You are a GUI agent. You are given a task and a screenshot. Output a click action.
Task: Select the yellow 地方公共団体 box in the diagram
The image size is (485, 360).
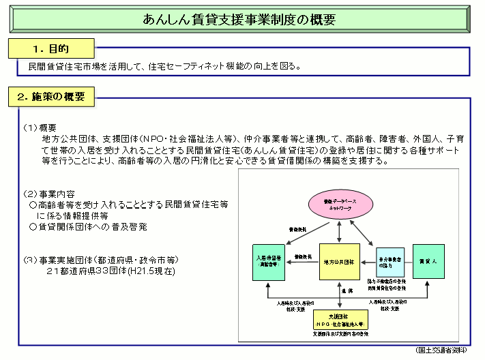(340, 261)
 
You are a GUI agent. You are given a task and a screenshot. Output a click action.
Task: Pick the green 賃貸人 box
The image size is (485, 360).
(428, 260)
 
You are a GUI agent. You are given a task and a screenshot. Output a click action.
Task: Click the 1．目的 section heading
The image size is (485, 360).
(51, 49)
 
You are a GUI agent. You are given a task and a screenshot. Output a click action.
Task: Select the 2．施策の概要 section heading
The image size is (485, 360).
(51, 97)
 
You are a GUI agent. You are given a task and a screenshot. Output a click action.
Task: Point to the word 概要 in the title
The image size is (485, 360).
(321, 20)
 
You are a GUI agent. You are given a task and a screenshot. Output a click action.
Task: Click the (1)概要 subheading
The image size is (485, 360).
(40, 127)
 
